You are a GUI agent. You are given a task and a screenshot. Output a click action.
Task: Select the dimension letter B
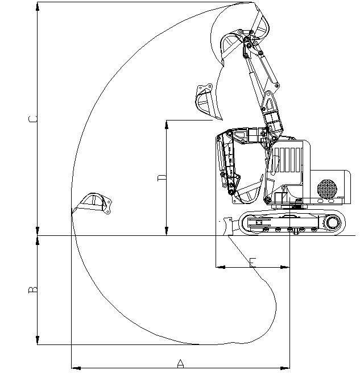33,290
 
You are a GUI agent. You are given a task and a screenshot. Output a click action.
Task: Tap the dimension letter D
162,178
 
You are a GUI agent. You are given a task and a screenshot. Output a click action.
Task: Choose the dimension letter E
253,261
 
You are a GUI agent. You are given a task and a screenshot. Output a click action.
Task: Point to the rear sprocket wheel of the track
332,223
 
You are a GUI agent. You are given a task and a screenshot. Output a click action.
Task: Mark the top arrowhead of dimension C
38,6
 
